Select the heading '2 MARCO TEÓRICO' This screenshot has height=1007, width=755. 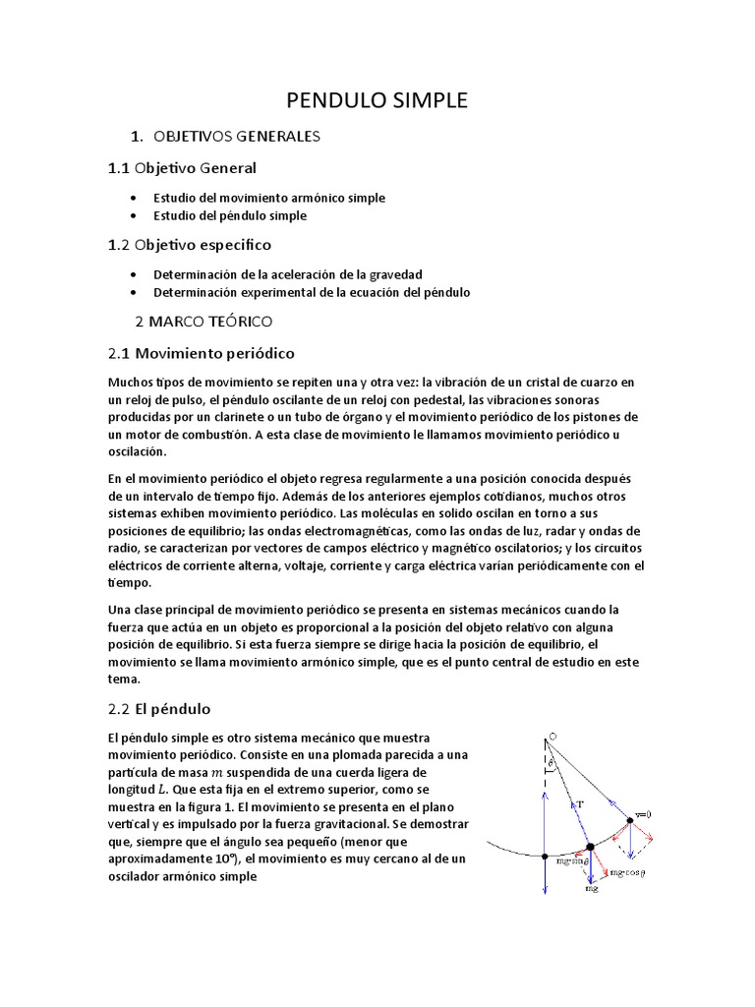[x=203, y=321]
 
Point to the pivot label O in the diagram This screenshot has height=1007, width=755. [x=552, y=737]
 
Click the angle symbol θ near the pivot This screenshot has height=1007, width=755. [x=551, y=762]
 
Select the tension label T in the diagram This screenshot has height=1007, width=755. [x=580, y=803]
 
